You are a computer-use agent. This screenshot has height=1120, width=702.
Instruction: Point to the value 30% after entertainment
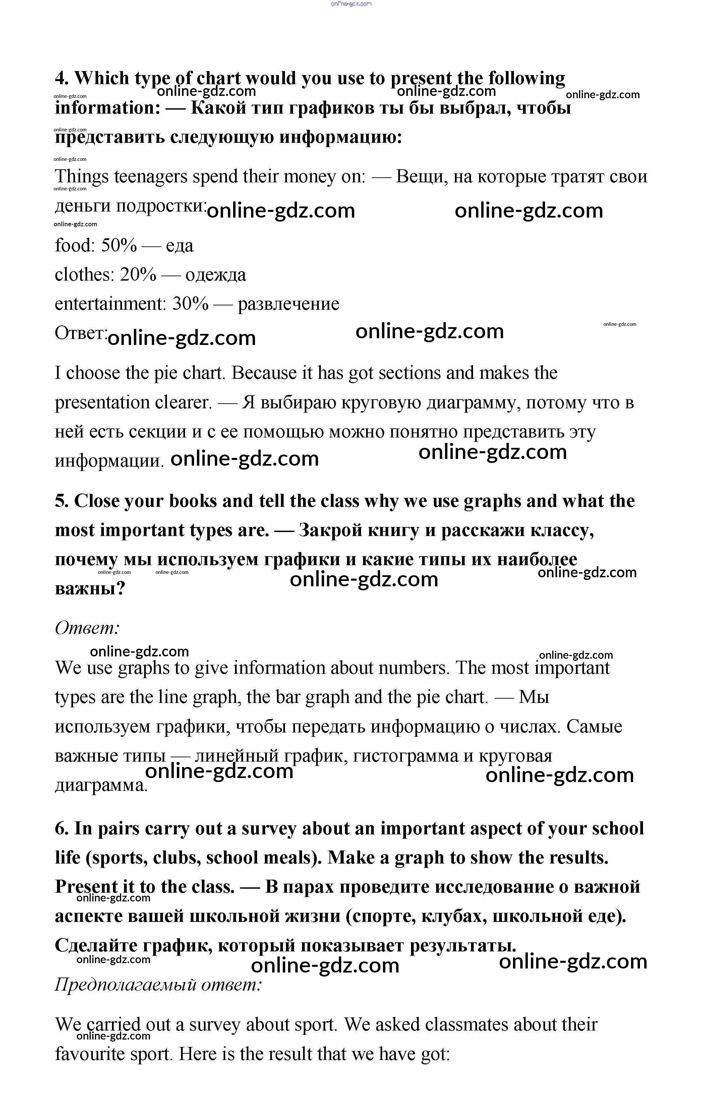(190, 304)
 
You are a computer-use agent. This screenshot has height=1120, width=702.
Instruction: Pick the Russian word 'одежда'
(216, 275)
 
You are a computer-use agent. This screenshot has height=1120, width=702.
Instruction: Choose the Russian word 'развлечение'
(288, 304)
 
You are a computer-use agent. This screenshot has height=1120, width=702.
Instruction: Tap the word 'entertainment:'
(110, 304)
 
